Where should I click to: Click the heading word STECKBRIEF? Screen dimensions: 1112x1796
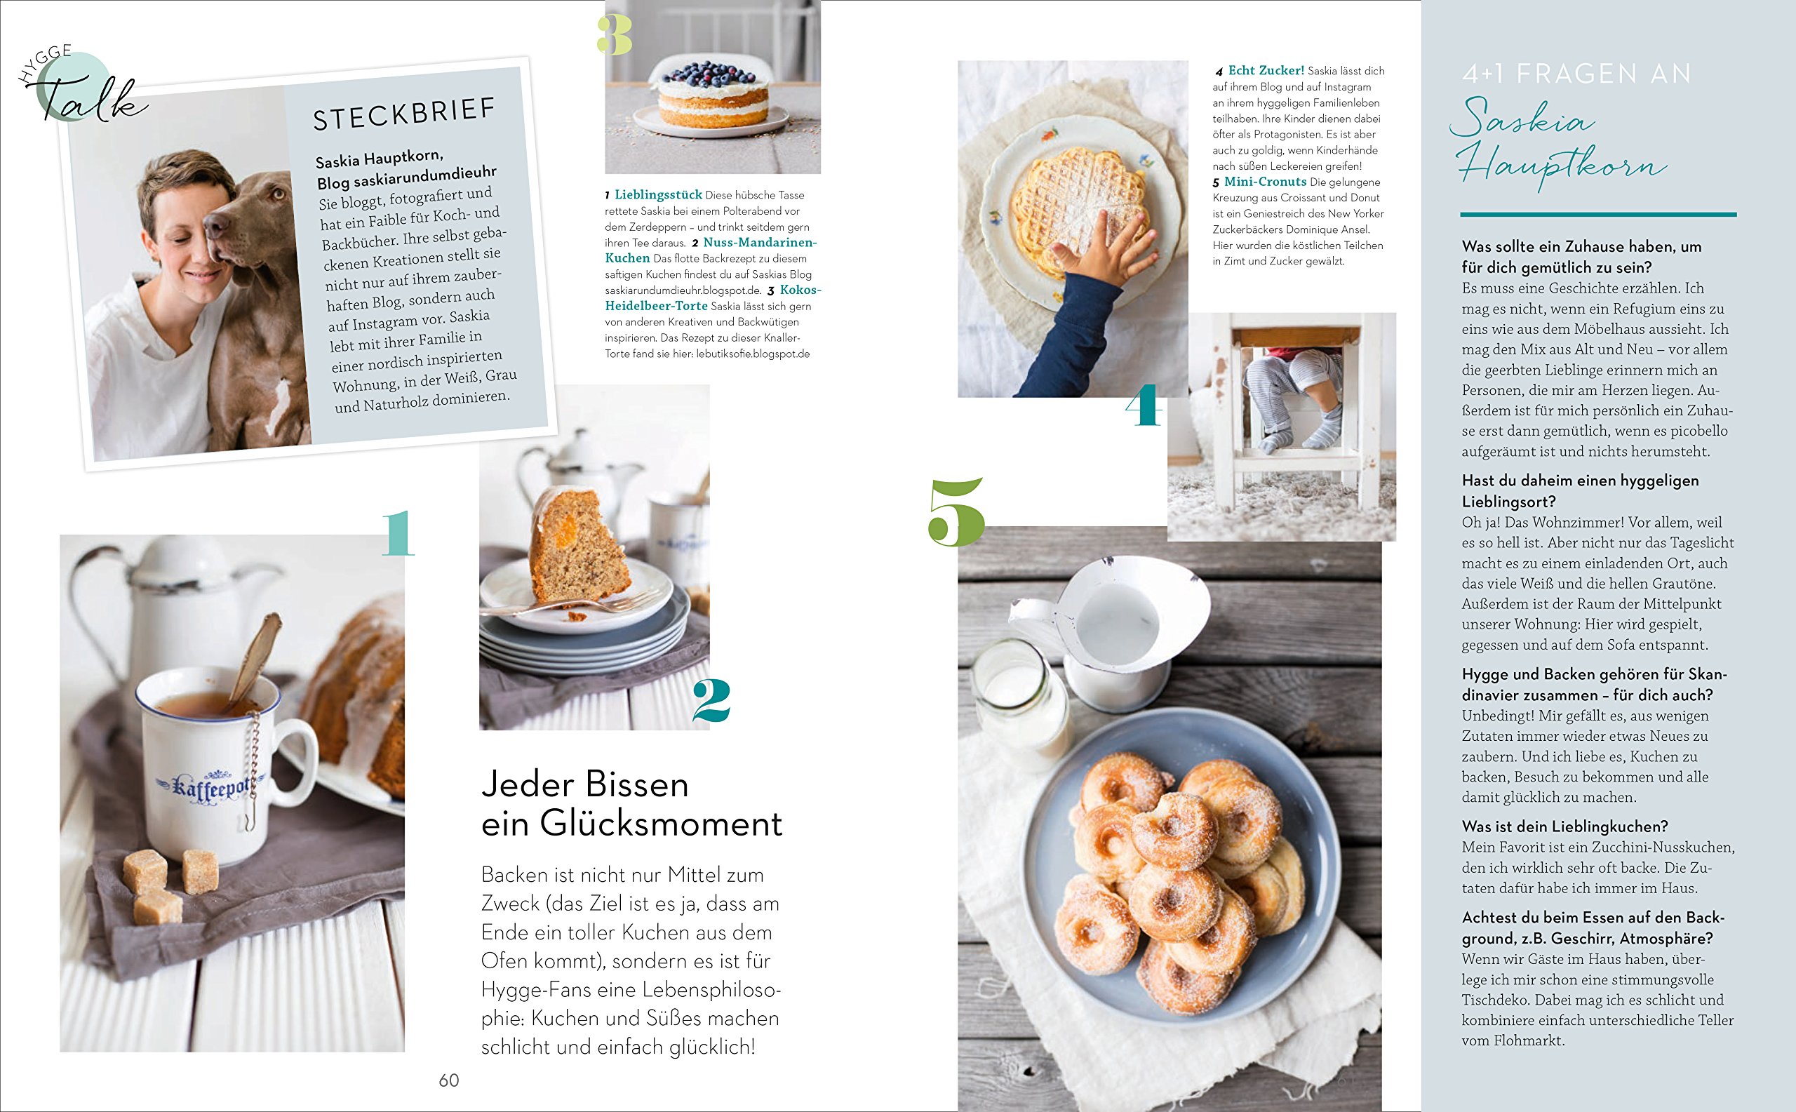(405, 115)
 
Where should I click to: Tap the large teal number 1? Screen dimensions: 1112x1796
(398, 535)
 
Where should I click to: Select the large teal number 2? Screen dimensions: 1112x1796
(711, 701)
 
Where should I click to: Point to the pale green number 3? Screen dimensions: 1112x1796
(615, 36)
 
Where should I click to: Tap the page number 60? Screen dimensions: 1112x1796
(448, 1080)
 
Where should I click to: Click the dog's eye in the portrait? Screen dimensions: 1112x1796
(277, 194)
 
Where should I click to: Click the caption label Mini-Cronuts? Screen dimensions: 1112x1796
(1265, 182)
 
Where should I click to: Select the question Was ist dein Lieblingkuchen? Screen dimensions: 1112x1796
(1564, 826)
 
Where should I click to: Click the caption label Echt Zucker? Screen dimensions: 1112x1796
(1266, 71)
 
